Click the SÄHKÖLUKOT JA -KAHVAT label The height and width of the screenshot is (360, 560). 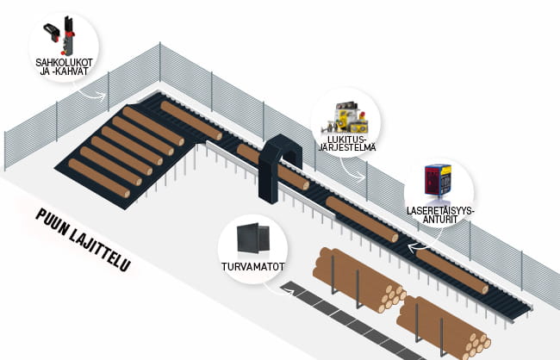coord(64,67)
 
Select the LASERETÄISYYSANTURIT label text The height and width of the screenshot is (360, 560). coord(440,214)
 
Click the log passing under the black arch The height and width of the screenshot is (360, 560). coord(272,166)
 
